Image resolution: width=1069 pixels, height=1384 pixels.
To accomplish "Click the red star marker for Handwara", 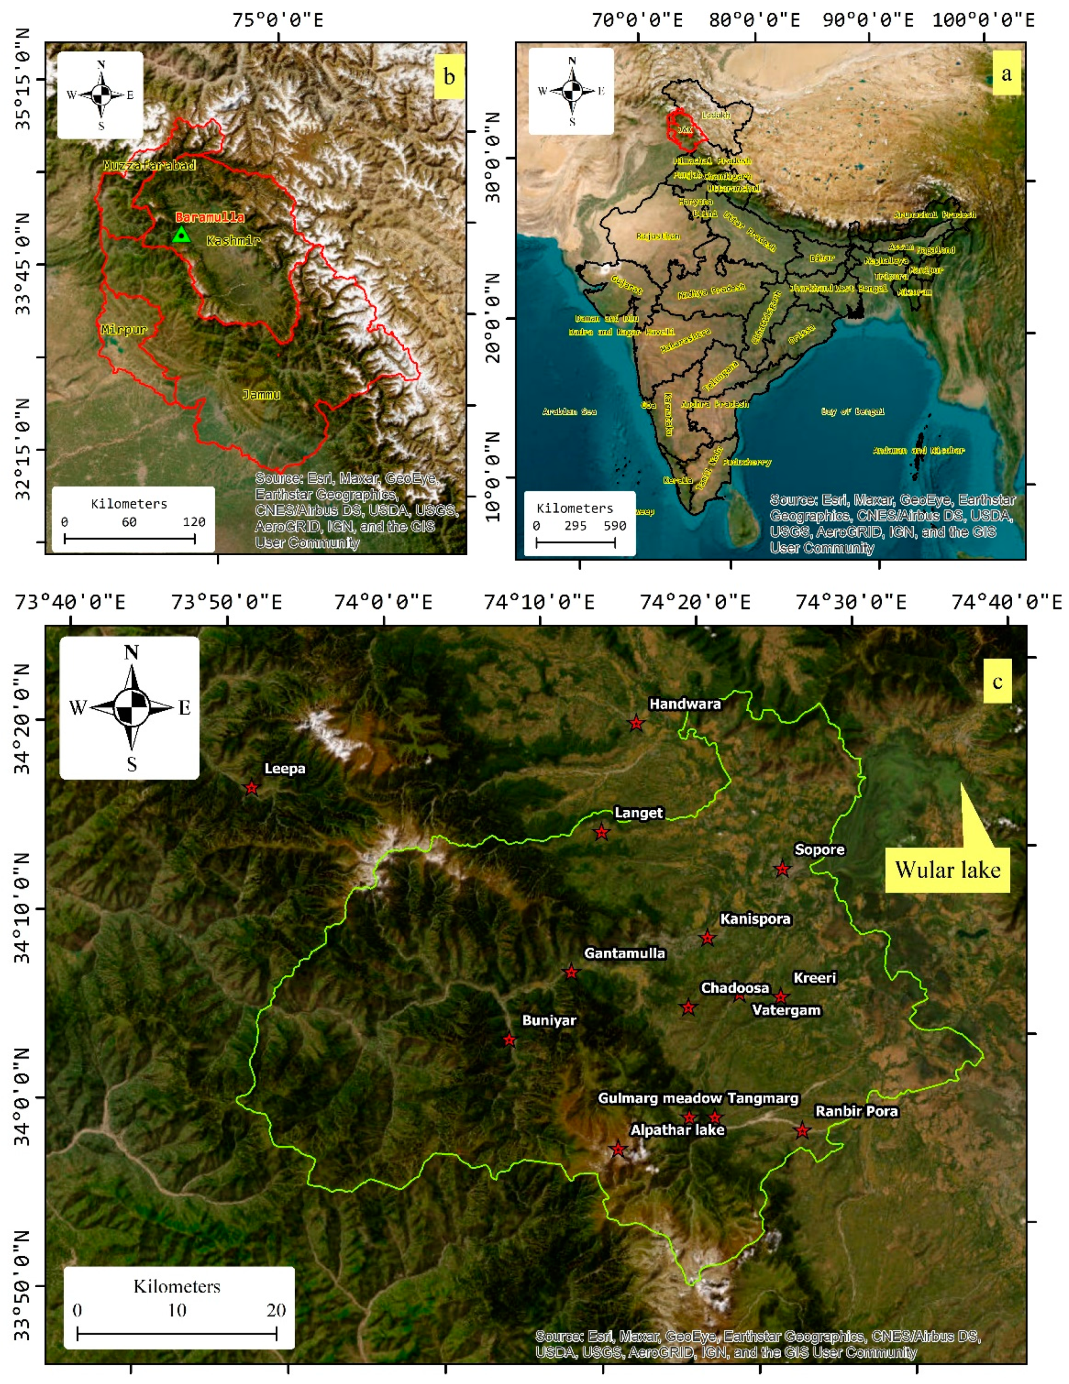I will [x=636, y=723].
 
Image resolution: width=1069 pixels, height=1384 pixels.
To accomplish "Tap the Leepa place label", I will [x=285, y=769].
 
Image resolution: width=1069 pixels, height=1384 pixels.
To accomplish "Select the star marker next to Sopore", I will [x=782, y=869].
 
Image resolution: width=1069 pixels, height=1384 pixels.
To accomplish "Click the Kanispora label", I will [x=755, y=919].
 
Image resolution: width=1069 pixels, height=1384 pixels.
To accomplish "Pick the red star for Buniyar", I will [x=509, y=1040].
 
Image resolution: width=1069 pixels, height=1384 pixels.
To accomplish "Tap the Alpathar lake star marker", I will [x=618, y=1149].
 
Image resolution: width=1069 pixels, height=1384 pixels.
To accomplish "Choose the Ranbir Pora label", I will [x=856, y=1111].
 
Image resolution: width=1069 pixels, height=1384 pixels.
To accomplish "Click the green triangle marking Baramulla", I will [x=182, y=235].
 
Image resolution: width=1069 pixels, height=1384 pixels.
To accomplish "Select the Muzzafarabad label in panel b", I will [x=149, y=166].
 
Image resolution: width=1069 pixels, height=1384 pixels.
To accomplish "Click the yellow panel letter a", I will [x=1006, y=74].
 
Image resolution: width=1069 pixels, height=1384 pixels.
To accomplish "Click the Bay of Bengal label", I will [x=852, y=412].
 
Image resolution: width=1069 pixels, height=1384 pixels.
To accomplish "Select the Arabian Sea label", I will [x=569, y=412].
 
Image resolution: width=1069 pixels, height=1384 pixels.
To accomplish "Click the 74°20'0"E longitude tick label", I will [x=695, y=602].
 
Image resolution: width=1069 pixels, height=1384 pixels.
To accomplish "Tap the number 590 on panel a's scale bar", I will [x=614, y=526].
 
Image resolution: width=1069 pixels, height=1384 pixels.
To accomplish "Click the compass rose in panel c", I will [x=130, y=707].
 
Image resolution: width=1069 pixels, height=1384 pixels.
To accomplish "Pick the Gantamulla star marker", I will [x=571, y=972].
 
